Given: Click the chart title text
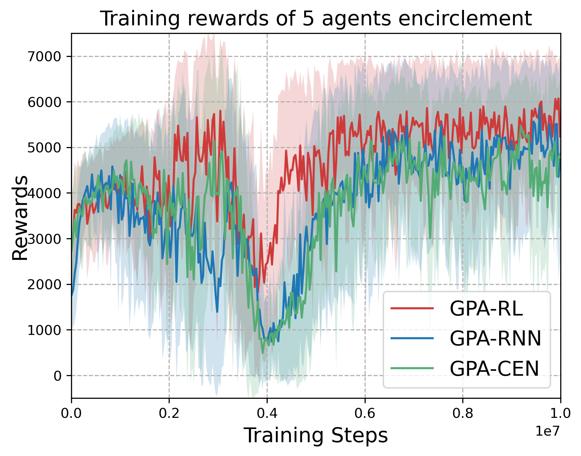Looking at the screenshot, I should (316, 18).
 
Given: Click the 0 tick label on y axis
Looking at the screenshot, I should (58, 376).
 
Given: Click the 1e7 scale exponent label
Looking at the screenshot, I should (547, 431).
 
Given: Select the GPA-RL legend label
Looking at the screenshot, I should (486, 308).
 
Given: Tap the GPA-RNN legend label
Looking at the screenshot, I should (495, 338).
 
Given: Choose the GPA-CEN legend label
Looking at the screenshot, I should (494, 368).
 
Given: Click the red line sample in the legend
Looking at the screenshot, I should (412, 308).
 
